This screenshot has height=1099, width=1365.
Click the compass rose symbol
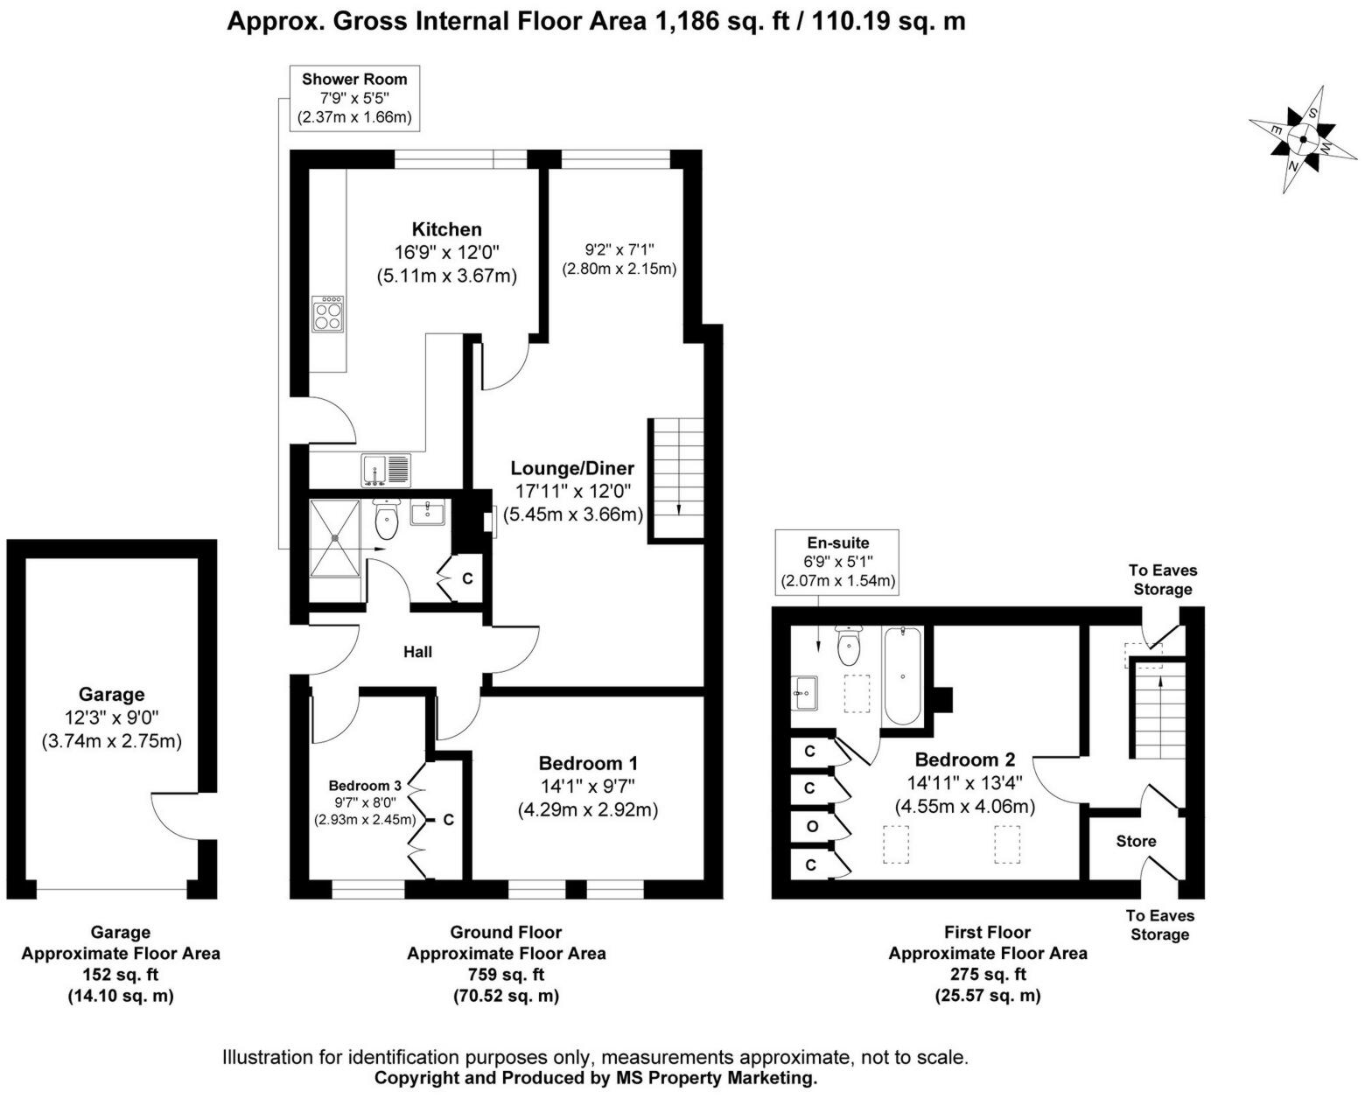pyautogui.click(x=1303, y=140)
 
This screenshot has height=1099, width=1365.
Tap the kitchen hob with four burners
pyautogui.click(x=327, y=313)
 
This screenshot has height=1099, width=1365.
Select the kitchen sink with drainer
pyautogui.click(x=386, y=470)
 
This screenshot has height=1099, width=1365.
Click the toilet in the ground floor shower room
pyautogui.click(x=386, y=518)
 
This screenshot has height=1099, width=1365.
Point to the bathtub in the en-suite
pyautogui.click(x=902, y=675)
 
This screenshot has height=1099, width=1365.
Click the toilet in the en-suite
pyautogui.click(x=848, y=645)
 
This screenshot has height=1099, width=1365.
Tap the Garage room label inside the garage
pyautogui.click(x=112, y=694)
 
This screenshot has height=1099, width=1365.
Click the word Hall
pyautogui.click(x=417, y=652)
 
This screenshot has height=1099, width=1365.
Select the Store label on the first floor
pyautogui.click(x=1136, y=842)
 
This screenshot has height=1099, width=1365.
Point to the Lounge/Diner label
pyautogui.click(x=572, y=468)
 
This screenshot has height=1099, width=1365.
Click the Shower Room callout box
pyautogui.click(x=354, y=98)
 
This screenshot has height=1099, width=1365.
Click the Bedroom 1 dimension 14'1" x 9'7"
pyautogui.click(x=587, y=786)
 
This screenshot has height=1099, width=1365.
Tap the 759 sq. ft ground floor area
pyautogui.click(x=506, y=974)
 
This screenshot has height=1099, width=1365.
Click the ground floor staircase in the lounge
pyautogui.click(x=675, y=480)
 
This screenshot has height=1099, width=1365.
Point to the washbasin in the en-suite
pyautogui.click(x=804, y=693)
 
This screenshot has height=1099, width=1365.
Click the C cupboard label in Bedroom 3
pyautogui.click(x=449, y=820)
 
